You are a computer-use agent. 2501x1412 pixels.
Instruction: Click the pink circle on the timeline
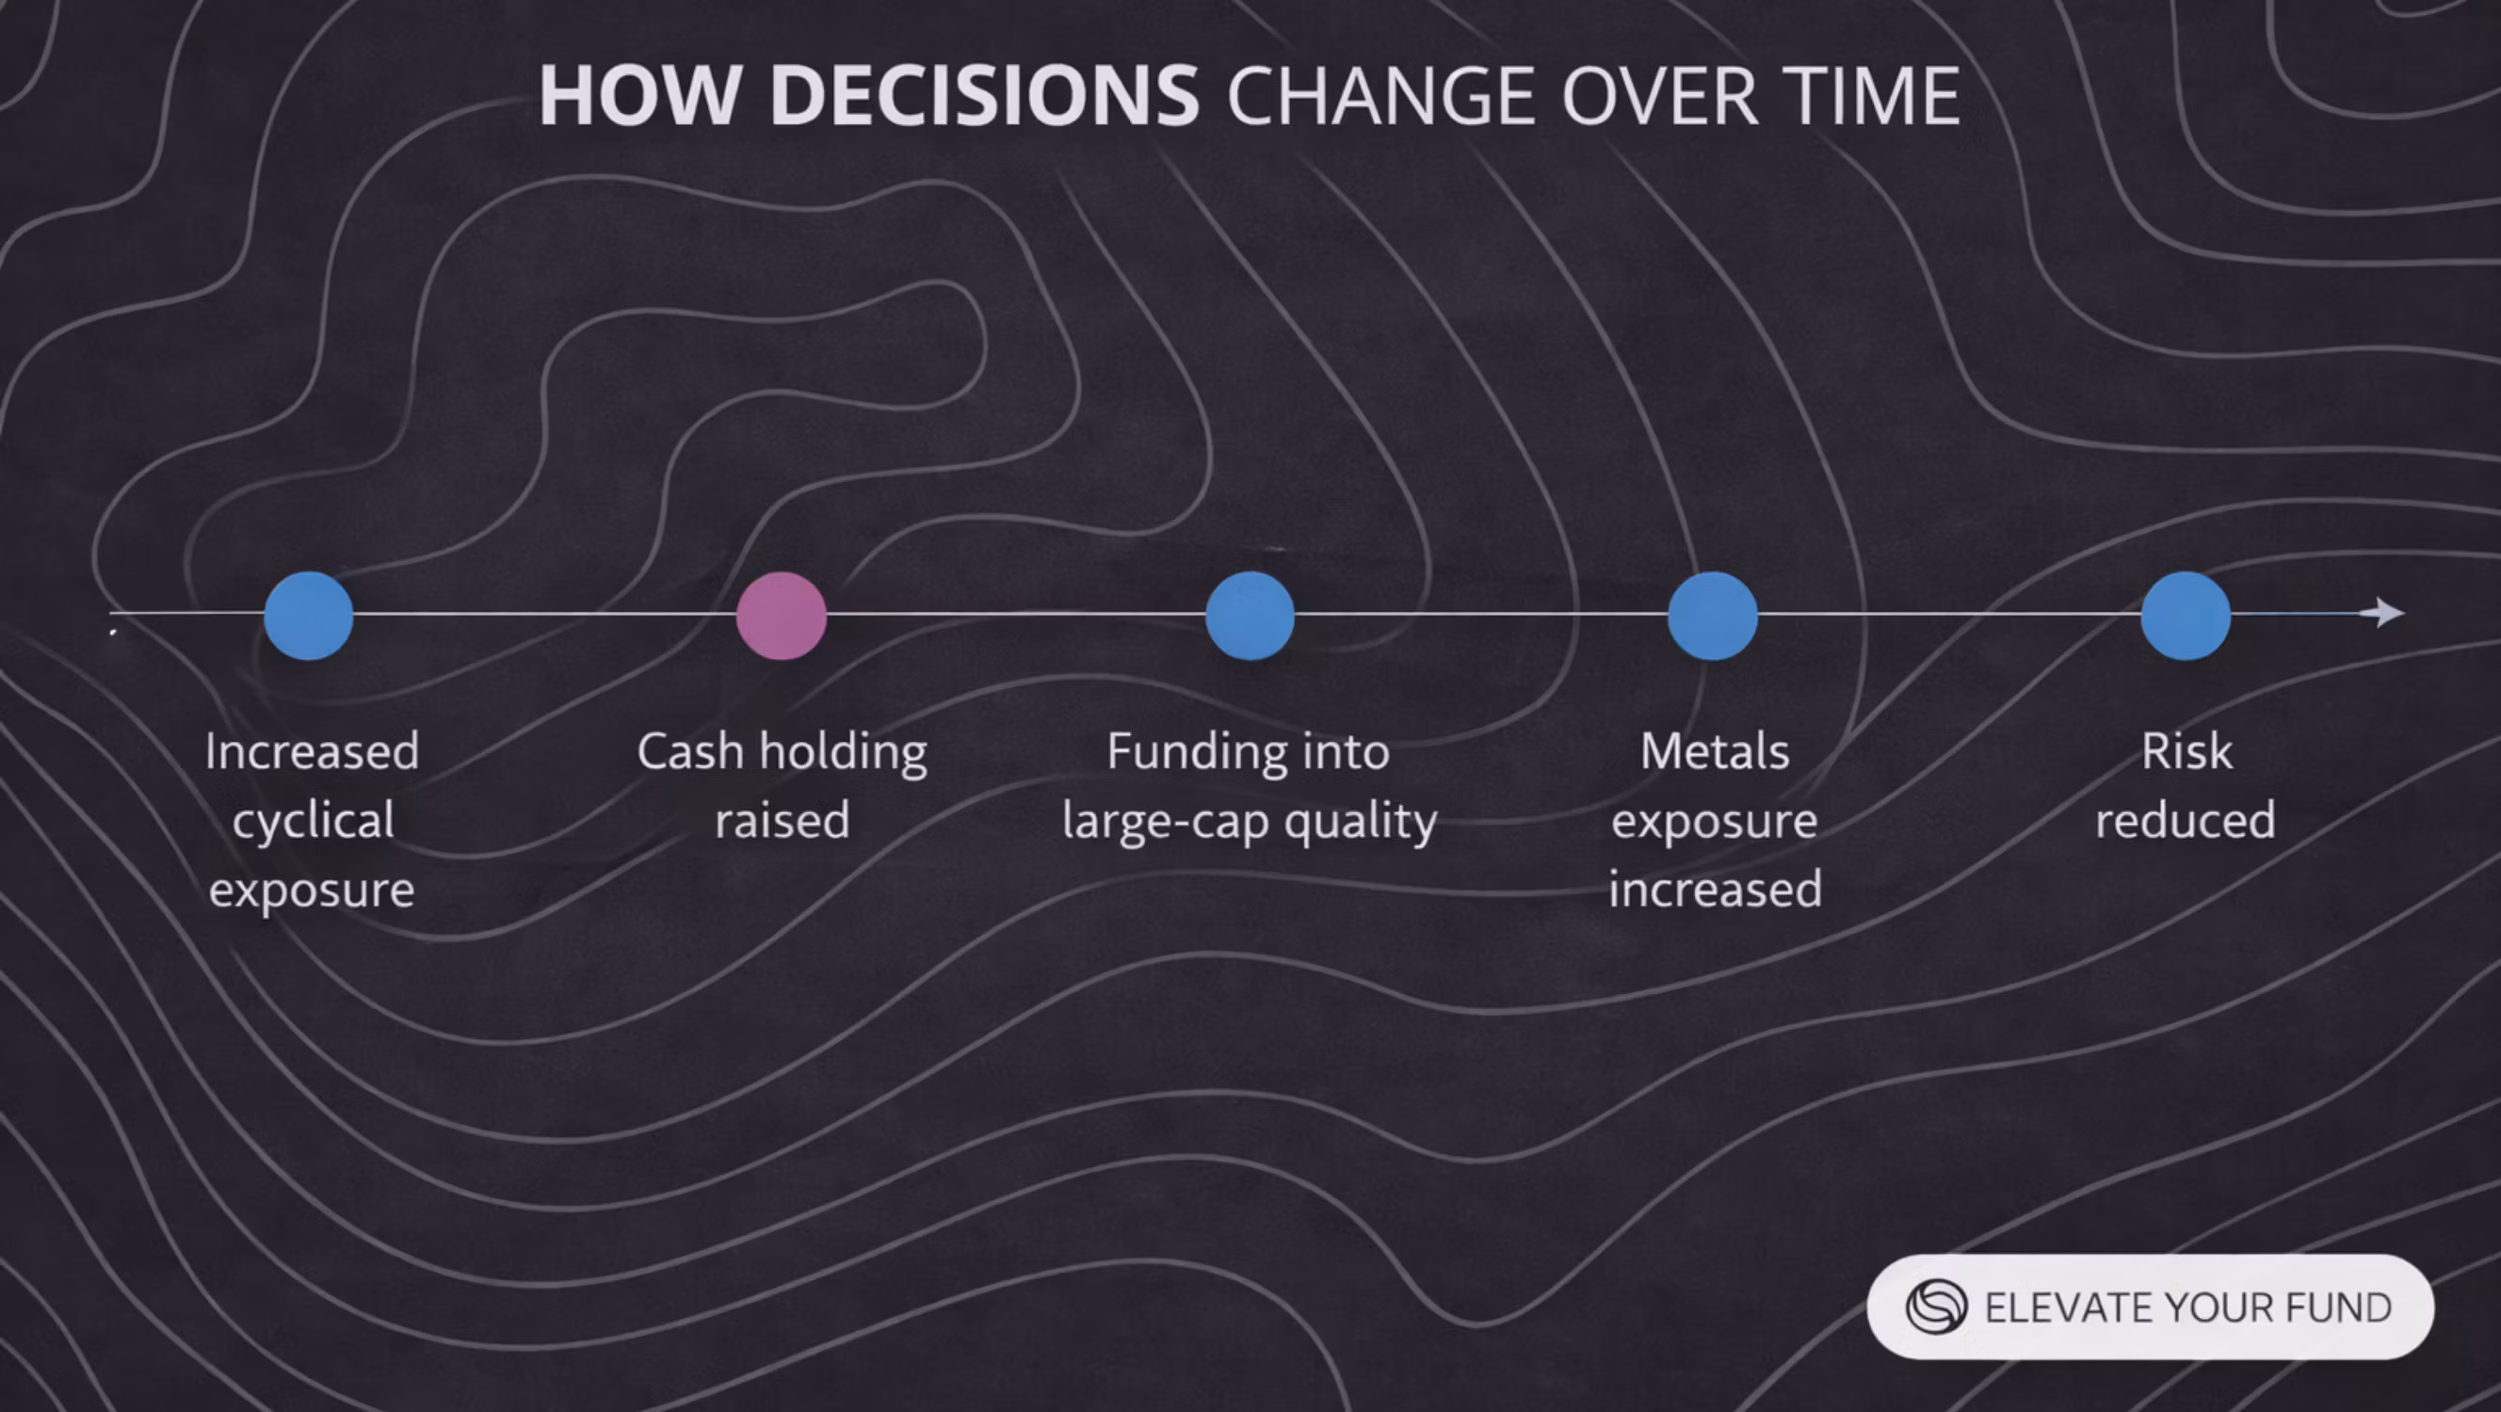tap(782, 616)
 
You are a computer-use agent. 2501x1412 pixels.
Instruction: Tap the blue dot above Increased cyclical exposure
tap(309, 616)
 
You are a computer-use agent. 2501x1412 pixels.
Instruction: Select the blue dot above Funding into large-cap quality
tap(1250, 616)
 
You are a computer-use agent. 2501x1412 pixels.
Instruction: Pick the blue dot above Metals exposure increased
tap(1713, 616)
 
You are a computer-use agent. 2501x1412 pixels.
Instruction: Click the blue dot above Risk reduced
tap(2186, 616)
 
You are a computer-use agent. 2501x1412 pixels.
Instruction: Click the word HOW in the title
tap(637, 95)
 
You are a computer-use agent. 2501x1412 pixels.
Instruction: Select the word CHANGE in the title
tap(1381, 95)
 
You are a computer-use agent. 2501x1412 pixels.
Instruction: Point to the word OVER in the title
tap(1660, 95)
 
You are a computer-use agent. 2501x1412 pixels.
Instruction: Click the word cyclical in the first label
tap(313, 821)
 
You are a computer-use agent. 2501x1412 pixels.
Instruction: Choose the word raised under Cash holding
tap(783, 820)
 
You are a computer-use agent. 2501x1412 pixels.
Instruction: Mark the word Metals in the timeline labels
tap(1715, 751)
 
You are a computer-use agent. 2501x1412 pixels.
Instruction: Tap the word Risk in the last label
tap(2187, 751)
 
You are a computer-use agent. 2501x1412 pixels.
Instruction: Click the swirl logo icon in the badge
tap(1936, 1307)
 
